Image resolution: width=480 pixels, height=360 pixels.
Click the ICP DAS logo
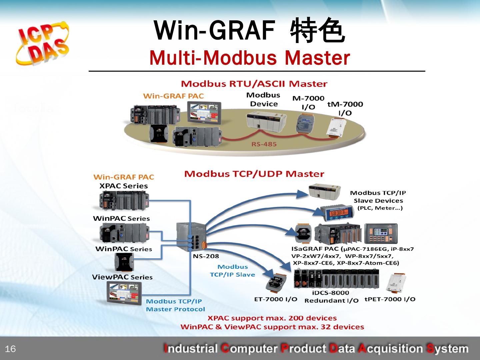point(42,43)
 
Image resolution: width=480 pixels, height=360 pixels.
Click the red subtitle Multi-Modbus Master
point(250,58)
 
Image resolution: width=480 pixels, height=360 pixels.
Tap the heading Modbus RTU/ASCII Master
point(254,84)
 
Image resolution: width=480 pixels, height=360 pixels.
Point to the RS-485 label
point(264,144)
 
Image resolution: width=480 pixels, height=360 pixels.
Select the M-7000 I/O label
point(308,102)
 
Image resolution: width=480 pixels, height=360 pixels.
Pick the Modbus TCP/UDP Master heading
point(254,174)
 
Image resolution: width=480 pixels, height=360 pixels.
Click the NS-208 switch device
point(190,236)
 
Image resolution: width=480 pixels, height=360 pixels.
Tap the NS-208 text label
point(206,256)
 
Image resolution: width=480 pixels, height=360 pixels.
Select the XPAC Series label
point(123,186)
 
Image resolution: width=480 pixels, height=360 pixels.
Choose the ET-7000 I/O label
point(275,299)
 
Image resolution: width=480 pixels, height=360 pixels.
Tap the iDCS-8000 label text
point(330,293)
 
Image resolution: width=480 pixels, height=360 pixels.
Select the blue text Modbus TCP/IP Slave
point(232,271)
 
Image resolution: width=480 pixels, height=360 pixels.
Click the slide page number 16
point(11,349)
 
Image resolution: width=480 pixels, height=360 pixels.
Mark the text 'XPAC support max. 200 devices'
point(272,318)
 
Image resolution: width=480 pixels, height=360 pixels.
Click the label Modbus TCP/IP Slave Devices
point(378,197)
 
